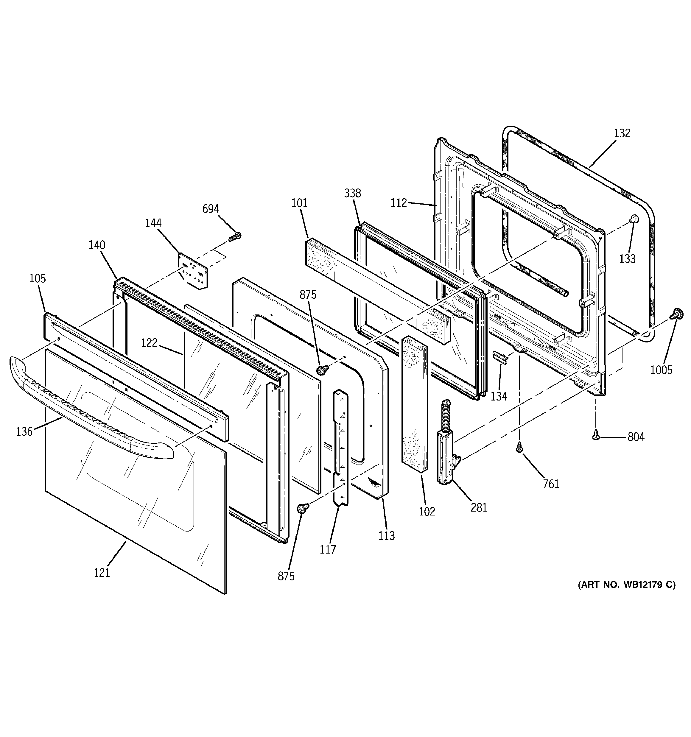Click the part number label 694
210,209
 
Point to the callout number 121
102,573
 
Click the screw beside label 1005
676,315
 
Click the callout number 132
622,133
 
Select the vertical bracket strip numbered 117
341,445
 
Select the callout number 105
38,278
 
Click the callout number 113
387,536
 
